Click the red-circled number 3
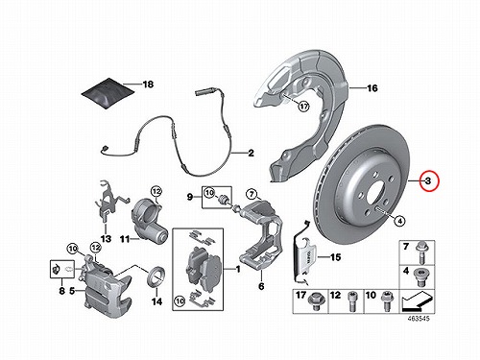[x=428, y=180]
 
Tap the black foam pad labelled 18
[x=108, y=93]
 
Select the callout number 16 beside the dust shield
[x=372, y=88]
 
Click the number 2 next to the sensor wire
[x=251, y=153]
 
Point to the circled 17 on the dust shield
[x=303, y=106]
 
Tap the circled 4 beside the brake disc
[x=399, y=221]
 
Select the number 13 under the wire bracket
[x=106, y=239]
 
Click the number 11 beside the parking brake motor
[x=126, y=239]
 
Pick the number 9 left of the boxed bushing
[x=190, y=197]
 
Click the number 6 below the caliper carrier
[x=261, y=286]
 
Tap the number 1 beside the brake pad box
[x=238, y=270]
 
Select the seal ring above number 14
[x=156, y=276]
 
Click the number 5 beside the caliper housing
[x=72, y=291]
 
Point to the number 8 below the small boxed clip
[x=61, y=291]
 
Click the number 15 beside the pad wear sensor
[x=335, y=257]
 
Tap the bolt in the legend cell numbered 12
[x=351, y=301]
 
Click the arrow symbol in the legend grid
[x=418, y=301]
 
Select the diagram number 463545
[x=419, y=319]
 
